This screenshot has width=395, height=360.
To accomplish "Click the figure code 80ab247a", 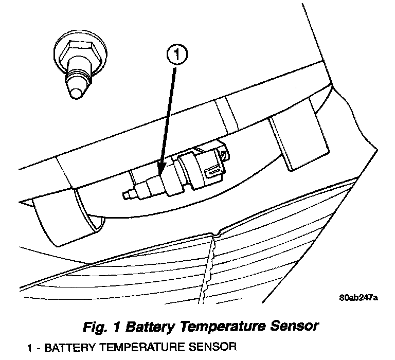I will (358, 298).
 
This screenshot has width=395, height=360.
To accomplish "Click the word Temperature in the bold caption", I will (226, 326).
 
